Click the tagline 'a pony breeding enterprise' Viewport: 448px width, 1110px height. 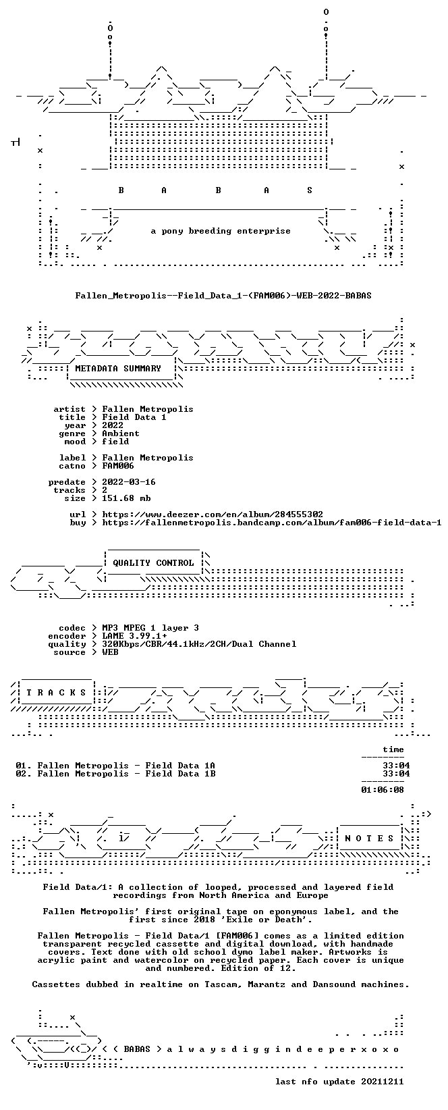pos(220,231)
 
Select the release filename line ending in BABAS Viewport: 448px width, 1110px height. pos(223,296)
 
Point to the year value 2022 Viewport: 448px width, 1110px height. pos(113,425)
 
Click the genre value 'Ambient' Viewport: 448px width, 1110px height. pos(121,433)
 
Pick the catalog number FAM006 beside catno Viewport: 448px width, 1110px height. pos(118,466)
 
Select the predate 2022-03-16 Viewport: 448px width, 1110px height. pos(129,482)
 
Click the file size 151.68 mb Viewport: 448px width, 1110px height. pos(126,498)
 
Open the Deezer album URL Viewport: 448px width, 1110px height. pos(213,514)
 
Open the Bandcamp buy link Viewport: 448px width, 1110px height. pos(272,523)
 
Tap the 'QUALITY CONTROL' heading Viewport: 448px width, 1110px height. pos(153,563)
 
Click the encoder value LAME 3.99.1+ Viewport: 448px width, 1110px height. pos(134,636)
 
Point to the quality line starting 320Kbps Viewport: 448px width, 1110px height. pos(199,644)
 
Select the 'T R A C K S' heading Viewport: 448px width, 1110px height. pos(56,693)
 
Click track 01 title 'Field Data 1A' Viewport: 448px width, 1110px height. pos(180,766)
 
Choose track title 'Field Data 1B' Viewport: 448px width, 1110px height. pos(180,774)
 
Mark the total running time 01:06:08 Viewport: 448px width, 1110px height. pos(382,790)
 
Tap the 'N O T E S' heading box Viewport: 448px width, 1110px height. pos(369,839)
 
